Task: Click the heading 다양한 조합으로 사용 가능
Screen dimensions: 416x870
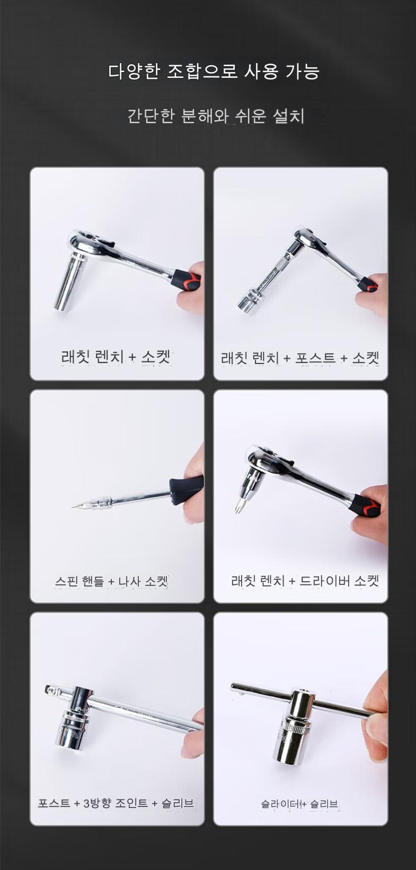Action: click(214, 72)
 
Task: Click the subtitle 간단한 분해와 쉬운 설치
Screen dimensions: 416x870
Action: click(216, 116)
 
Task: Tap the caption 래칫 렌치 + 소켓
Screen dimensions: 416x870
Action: click(116, 357)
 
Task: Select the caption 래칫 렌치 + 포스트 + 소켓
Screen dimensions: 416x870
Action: click(300, 358)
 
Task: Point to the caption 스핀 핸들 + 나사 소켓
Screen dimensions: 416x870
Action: click(111, 581)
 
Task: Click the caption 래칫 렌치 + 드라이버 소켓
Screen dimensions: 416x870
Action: click(305, 581)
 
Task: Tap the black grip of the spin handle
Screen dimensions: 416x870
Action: click(187, 490)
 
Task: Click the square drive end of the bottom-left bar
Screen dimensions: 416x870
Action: click(50, 689)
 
